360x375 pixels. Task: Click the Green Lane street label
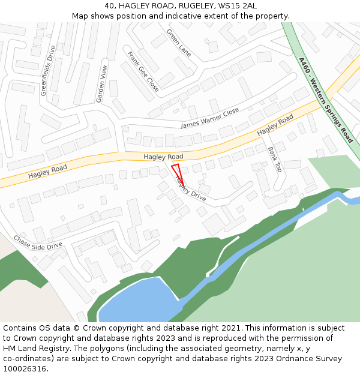pyautogui.click(x=178, y=43)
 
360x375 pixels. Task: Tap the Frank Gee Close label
pyautogui.click(x=143, y=71)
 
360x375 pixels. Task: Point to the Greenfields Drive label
pyautogui.click(x=48, y=70)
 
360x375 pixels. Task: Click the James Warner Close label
pyautogui.click(x=210, y=118)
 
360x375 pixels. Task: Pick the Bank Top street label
pyautogui.click(x=274, y=159)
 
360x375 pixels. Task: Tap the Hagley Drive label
pyautogui.click(x=190, y=188)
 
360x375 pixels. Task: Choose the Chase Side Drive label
pyautogui.click(x=38, y=242)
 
